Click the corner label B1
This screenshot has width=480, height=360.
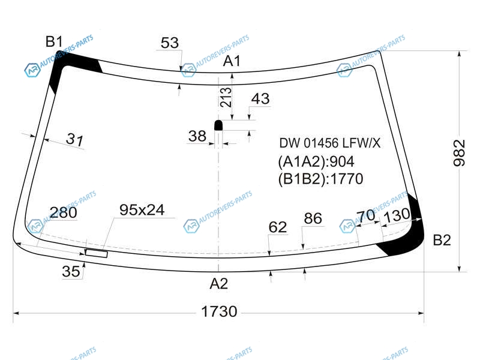(54, 41)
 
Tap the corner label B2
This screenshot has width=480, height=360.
(442, 240)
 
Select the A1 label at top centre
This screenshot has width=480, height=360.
(232, 61)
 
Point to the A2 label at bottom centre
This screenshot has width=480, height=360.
(219, 284)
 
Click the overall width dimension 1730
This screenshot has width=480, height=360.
(219, 311)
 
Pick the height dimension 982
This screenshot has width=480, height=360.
(459, 153)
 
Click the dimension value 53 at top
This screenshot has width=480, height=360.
(170, 43)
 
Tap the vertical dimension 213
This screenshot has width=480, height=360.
(226, 97)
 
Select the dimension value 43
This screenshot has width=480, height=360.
(260, 99)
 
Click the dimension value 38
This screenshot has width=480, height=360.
(197, 136)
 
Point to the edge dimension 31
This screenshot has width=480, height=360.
(74, 139)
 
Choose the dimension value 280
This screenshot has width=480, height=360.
(64, 212)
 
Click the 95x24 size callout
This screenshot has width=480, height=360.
(142, 210)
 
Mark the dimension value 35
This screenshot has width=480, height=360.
(71, 271)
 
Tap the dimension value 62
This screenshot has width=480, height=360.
(278, 227)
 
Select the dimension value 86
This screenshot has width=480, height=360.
(313, 218)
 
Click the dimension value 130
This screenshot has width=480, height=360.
(397, 215)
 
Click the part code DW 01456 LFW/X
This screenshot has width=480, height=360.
(329, 143)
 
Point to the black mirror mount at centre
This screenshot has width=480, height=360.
(218, 125)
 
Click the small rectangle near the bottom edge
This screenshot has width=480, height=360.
(97, 253)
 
